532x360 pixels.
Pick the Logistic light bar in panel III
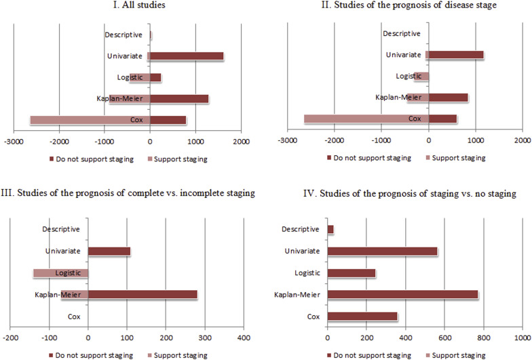pos(60,273)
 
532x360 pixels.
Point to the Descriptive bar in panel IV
pos(330,230)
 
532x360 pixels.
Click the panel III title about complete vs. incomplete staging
pos(128,193)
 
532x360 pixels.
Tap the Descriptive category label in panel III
pos(60,230)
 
